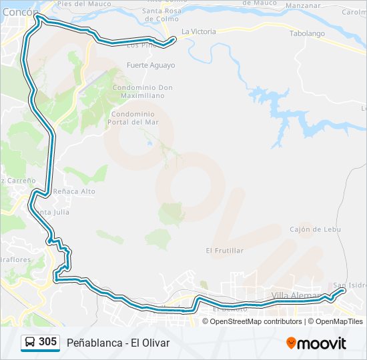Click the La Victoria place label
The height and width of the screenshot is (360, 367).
198,31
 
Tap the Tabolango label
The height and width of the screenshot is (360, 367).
307,33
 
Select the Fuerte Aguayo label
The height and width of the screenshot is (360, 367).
151,65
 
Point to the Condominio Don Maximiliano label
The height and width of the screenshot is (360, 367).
142,91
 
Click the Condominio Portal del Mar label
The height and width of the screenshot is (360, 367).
134,118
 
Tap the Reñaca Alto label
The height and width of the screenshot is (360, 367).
77,191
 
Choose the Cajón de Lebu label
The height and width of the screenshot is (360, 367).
315,229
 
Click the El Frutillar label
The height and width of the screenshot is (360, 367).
225,251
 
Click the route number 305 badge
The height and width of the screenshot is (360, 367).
47,342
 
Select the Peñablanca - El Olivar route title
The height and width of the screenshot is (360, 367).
118,343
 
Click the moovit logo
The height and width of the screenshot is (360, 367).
316,343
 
